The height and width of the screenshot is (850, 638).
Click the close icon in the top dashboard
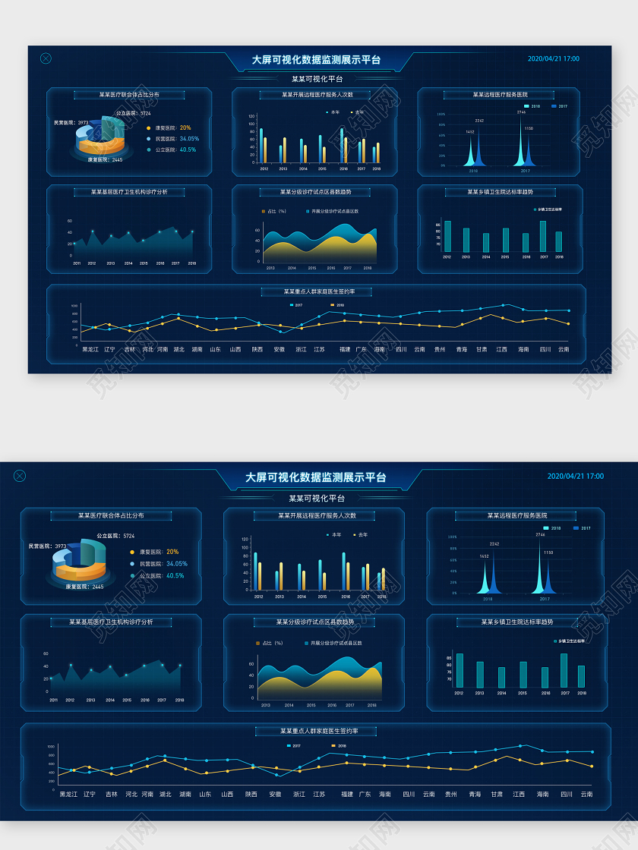pyautogui.click(x=46, y=58)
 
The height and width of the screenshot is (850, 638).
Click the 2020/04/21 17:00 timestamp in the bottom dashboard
pyautogui.click(x=575, y=477)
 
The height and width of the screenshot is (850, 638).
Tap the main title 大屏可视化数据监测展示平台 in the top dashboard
pyautogui.click(x=316, y=60)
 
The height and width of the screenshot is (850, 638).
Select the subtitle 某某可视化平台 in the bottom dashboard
pyautogui.click(x=317, y=499)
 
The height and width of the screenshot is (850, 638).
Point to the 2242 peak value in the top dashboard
pyautogui.click(x=479, y=121)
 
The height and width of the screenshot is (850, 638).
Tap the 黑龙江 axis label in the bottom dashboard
pyautogui.click(x=68, y=795)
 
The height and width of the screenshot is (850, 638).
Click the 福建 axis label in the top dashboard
pyautogui.click(x=345, y=350)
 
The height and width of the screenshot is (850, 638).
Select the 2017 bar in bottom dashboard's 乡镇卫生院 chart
pyautogui.click(x=563, y=670)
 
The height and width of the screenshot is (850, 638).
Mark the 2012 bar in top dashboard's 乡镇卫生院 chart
pyautogui.click(x=447, y=236)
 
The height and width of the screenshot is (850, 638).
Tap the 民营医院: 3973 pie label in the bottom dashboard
pyautogui.click(x=47, y=546)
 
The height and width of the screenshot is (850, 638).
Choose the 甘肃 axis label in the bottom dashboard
pyautogui.click(x=497, y=795)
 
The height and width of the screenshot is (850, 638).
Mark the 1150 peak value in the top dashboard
pyautogui.click(x=529, y=128)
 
